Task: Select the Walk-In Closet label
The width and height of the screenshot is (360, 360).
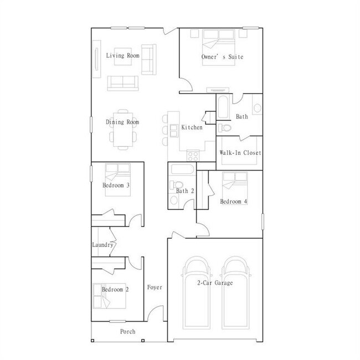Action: coord(240,153)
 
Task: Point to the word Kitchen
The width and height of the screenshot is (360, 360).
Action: coord(192,128)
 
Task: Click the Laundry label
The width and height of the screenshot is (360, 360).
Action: coord(102,245)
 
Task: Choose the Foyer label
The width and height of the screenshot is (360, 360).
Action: coord(155,287)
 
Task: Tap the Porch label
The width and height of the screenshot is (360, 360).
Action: coord(128,332)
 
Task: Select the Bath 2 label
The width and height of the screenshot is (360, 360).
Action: coord(184,191)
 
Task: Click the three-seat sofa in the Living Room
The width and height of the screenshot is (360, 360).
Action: coord(122,83)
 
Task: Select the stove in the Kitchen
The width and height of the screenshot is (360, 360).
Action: coord(193,154)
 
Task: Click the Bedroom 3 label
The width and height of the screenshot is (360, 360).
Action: coord(116,186)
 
